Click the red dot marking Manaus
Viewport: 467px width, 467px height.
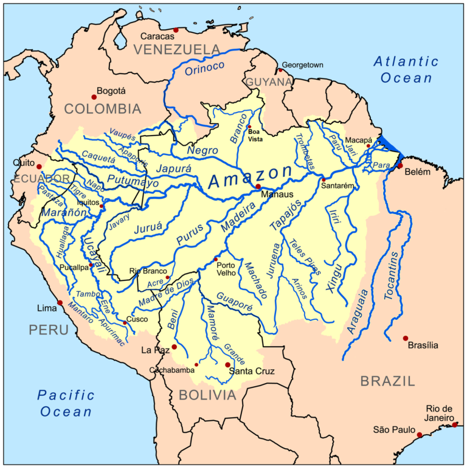pos(258,187)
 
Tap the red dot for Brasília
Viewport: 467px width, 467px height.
pos(406,338)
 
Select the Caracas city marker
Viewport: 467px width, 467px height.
pos(176,30)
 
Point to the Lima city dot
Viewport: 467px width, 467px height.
pos(60,302)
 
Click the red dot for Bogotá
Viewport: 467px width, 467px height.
pos(94,96)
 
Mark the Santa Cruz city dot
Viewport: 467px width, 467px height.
pos(227,365)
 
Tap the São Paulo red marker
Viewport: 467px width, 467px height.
pos(420,435)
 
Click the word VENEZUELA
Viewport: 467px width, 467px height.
pos(177,49)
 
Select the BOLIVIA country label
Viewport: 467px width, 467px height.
pos(207,395)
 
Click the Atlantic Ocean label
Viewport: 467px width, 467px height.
pos(406,69)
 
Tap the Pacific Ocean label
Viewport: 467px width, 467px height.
pos(66,403)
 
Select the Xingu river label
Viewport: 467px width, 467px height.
pos(342,275)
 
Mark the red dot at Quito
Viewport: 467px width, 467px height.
pos(39,166)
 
